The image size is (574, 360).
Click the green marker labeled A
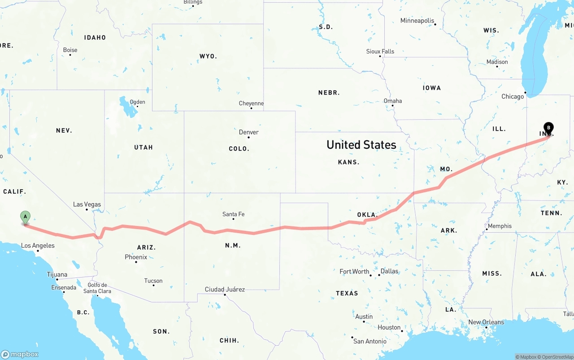pyautogui.click(x=26, y=217)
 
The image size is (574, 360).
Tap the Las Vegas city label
pyautogui.click(x=87, y=204)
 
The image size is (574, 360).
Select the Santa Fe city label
pyautogui.click(x=233, y=214)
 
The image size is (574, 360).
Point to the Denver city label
pyautogui.click(x=248, y=132)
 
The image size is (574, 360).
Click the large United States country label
pyautogui.click(x=361, y=145)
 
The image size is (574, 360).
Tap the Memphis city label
pyautogui.click(x=499, y=226)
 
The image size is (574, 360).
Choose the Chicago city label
pyautogui.click(x=513, y=96)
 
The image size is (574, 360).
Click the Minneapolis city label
pyautogui.click(x=417, y=21)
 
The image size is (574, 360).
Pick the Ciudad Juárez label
pyautogui.click(x=225, y=289)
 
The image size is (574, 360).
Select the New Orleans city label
pyautogui.click(x=486, y=322)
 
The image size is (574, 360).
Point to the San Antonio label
pyautogui.click(x=370, y=341)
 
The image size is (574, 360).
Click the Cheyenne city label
pyautogui.click(x=251, y=104)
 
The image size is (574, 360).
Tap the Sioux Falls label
pyautogui.click(x=380, y=52)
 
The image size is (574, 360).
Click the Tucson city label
pyautogui.click(x=153, y=281)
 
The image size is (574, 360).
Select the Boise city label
pyautogui.click(x=70, y=50)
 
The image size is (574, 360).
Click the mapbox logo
pyautogui.click(x=20, y=354)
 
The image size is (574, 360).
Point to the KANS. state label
pyautogui.click(x=348, y=162)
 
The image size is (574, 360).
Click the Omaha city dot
pyautogui.click(x=392, y=106)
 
